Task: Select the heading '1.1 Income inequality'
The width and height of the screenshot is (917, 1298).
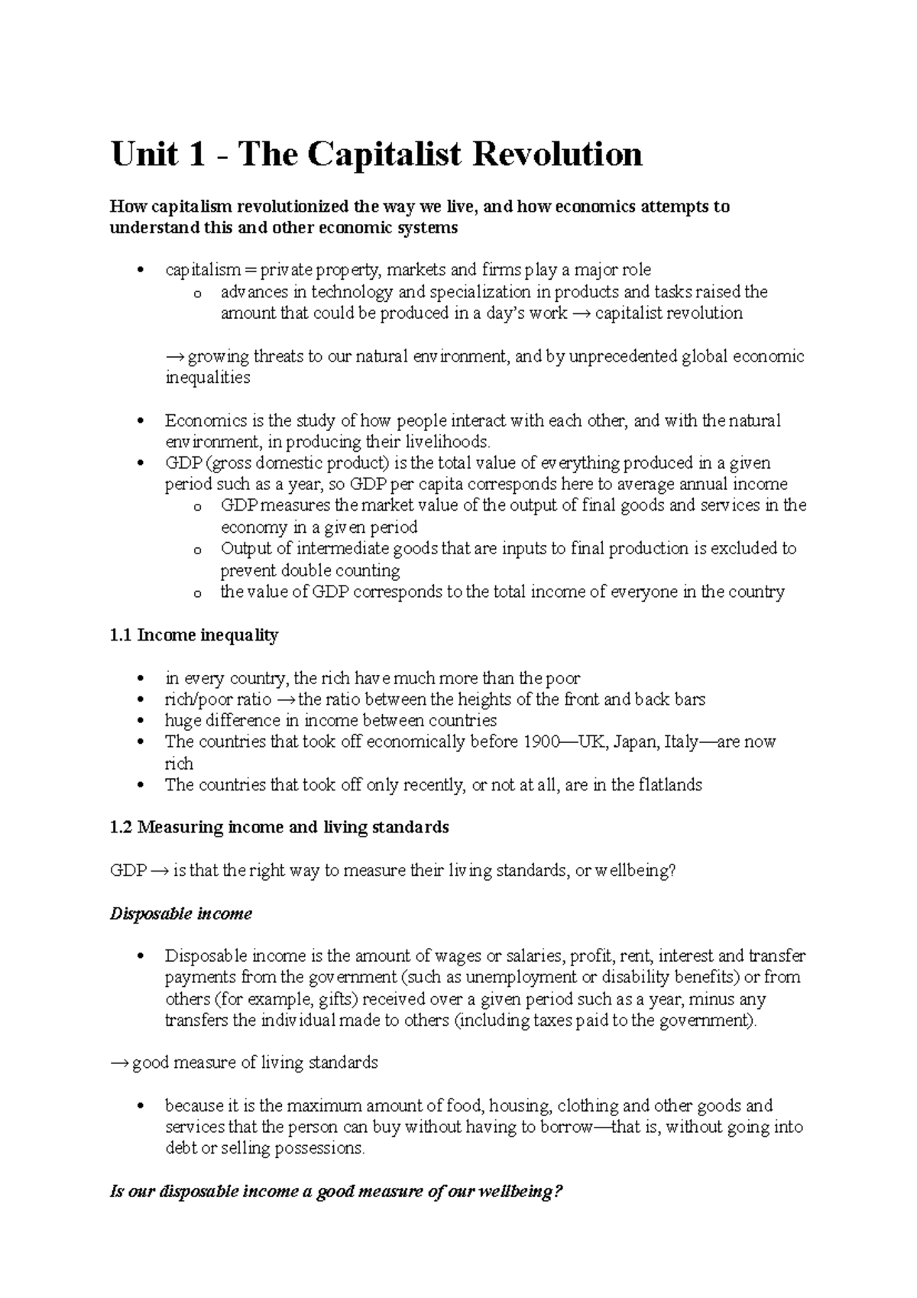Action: coord(194,635)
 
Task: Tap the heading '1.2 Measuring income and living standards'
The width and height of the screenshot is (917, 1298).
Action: coord(280,827)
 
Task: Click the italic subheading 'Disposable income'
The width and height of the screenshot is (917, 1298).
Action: coord(181,913)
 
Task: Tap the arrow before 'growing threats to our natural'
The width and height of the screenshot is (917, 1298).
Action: coord(175,356)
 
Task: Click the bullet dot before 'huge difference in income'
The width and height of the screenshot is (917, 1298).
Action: coord(139,721)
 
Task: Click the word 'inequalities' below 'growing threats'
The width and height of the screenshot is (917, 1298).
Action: coord(208,378)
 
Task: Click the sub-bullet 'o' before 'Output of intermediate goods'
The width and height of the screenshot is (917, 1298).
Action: coord(198,550)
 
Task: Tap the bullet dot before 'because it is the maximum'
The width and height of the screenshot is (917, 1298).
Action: coord(139,1106)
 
